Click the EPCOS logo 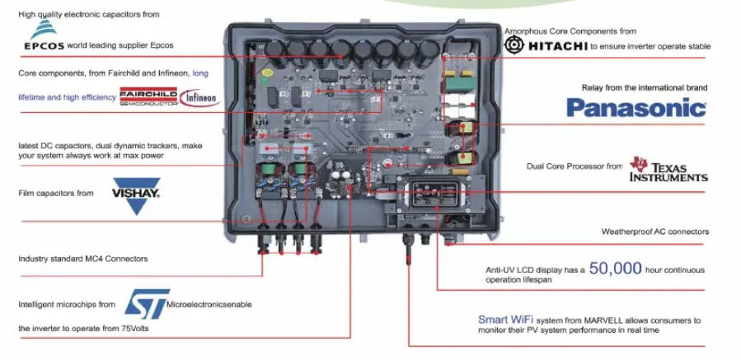pyautogui.click(x=43, y=39)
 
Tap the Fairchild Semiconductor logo pyautogui.click(x=148, y=96)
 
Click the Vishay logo pyautogui.click(x=136, y=192)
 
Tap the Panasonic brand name pyautogui.click(x=635, y=107)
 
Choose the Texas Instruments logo pyautogui.click(x=668, y=169)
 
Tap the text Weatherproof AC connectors pyautogui.click(x=654, y=231)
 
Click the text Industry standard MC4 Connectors pyautogui.click(x=83, y=259)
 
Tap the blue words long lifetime pyautogui.click(x=200, y=73)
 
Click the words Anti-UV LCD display pyautogui.click(x=525, y=269)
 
